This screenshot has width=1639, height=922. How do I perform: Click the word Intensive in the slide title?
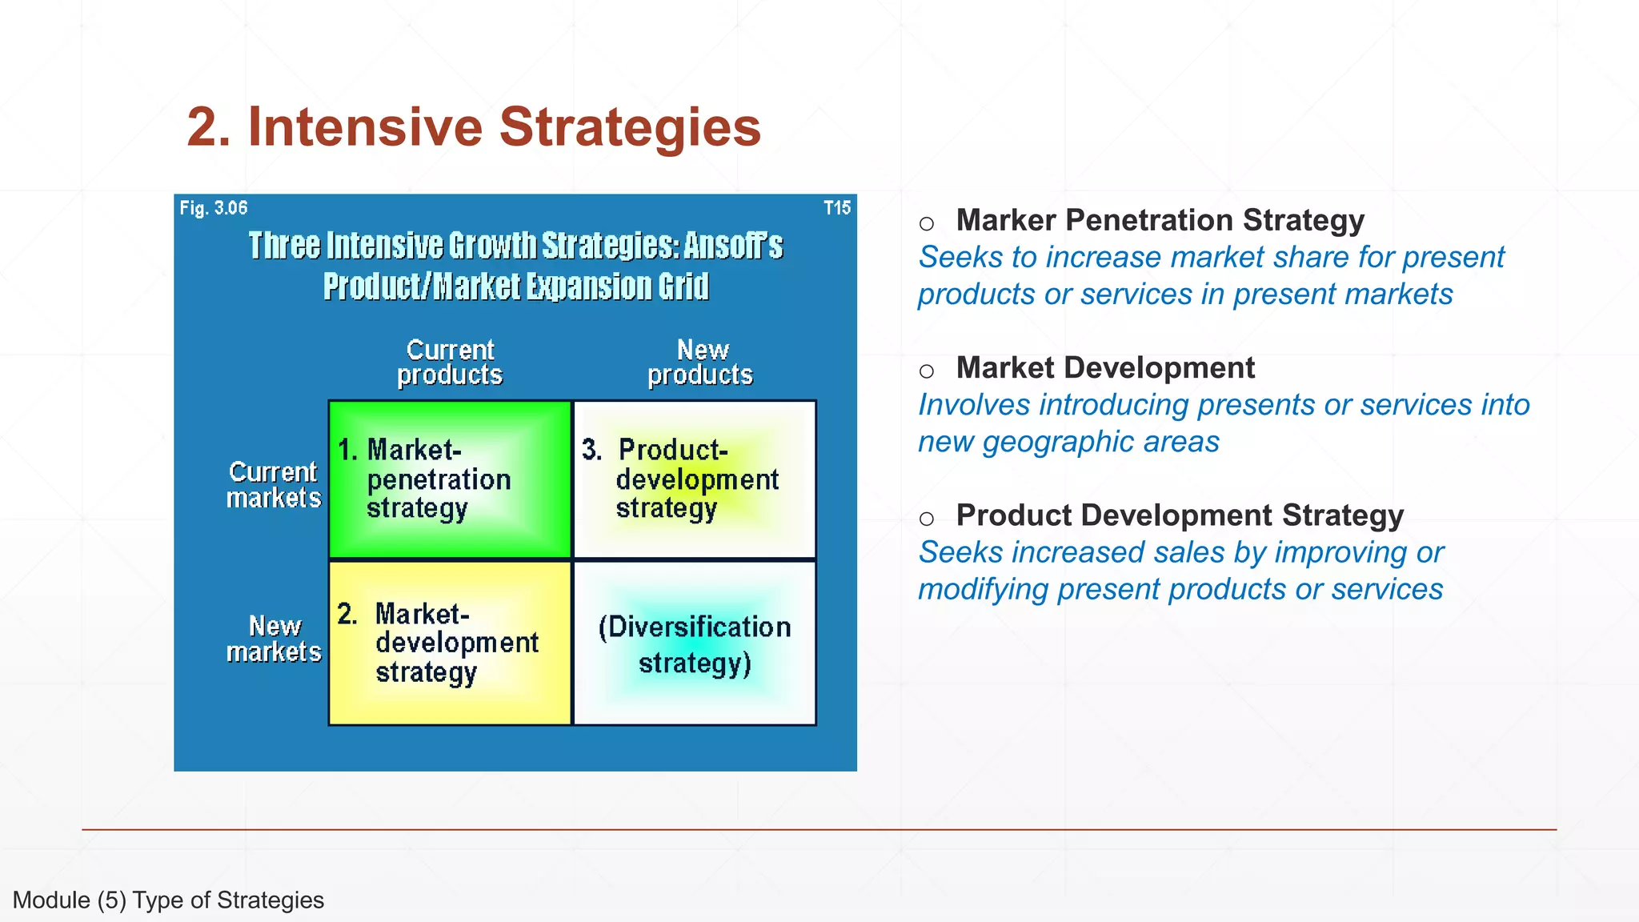click(365, 127)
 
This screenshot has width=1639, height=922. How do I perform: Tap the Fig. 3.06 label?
click(213, 208)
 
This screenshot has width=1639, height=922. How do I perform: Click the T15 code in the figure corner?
click(837, 208)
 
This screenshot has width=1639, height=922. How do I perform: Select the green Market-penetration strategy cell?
click(450, 479)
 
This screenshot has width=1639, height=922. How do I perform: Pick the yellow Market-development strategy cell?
click(450, 643)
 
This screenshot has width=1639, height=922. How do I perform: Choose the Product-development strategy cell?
click(695, 479)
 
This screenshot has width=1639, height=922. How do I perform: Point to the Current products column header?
click(450, 363)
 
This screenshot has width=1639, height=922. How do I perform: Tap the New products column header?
click(700, 363)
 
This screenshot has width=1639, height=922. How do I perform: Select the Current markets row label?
click(273, 485)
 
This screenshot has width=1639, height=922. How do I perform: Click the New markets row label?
click(274, 639)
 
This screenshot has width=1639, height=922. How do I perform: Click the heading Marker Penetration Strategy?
click(1160, 220)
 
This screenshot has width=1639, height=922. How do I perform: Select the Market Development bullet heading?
click(1105, 368)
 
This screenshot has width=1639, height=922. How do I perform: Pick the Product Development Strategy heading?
click(1180, 515)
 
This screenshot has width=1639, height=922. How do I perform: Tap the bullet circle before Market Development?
click(927, 371)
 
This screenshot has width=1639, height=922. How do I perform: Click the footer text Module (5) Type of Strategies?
click(168, 900)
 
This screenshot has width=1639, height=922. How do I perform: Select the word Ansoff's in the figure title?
click(732, 246)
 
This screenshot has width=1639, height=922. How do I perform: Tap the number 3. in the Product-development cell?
click(591, 450)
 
